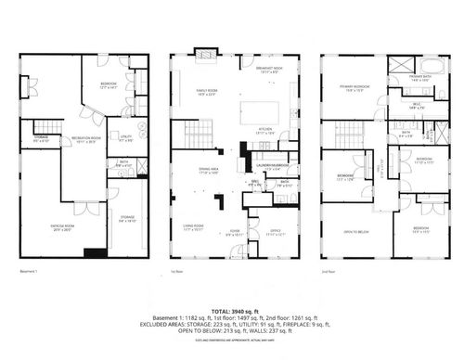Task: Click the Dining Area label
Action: [x=208, y=169]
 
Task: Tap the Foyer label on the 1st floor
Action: [x=233, y=234]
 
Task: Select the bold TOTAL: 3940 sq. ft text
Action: [x=232, y=311]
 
